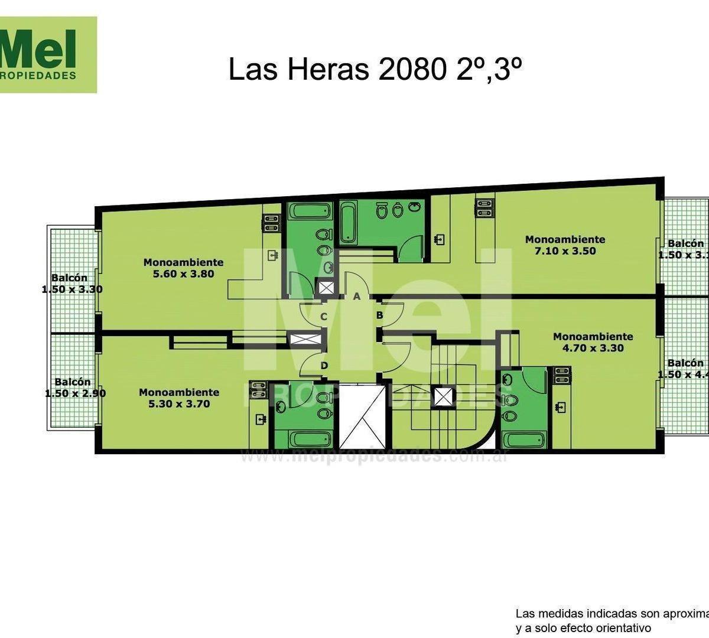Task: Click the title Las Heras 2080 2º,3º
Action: [375, 70]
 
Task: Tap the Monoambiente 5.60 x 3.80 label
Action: [183, 268]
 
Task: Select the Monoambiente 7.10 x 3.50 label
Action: [565, 245]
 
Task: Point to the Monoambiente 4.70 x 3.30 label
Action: [592, 342]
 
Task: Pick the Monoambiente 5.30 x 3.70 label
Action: [178, 398]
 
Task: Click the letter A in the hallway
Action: [356, 297]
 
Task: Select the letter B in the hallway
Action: [380, 315]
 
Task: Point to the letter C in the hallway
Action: [324, 317]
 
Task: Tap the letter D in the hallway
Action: [324, 366]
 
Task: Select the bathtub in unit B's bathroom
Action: [523, 440]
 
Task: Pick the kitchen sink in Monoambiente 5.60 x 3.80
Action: [272, 256]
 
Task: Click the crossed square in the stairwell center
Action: [443, 396]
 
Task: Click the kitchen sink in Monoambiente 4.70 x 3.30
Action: [561, 406]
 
